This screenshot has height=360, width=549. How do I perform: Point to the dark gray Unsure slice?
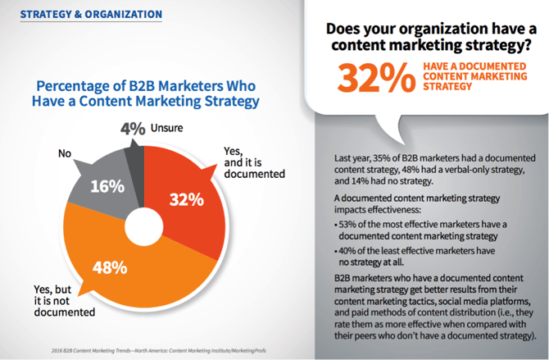click(x=133, y=148)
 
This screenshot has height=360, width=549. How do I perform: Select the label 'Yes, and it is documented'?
click(x=253, y=162)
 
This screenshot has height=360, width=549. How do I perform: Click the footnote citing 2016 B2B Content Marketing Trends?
click(x=139, y=349)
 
